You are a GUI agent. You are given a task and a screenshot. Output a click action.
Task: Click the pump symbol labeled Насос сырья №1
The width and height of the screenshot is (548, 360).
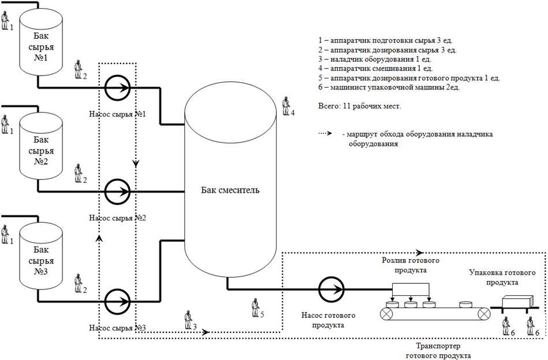tap(117, 88)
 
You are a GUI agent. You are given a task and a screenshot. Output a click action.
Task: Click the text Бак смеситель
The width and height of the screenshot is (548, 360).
tap(230, 191)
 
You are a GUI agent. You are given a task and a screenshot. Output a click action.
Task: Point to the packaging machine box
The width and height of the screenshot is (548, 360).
tap(517, 304)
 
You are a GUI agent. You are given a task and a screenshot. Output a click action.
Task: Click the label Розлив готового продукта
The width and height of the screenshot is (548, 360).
tap(409, 265)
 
